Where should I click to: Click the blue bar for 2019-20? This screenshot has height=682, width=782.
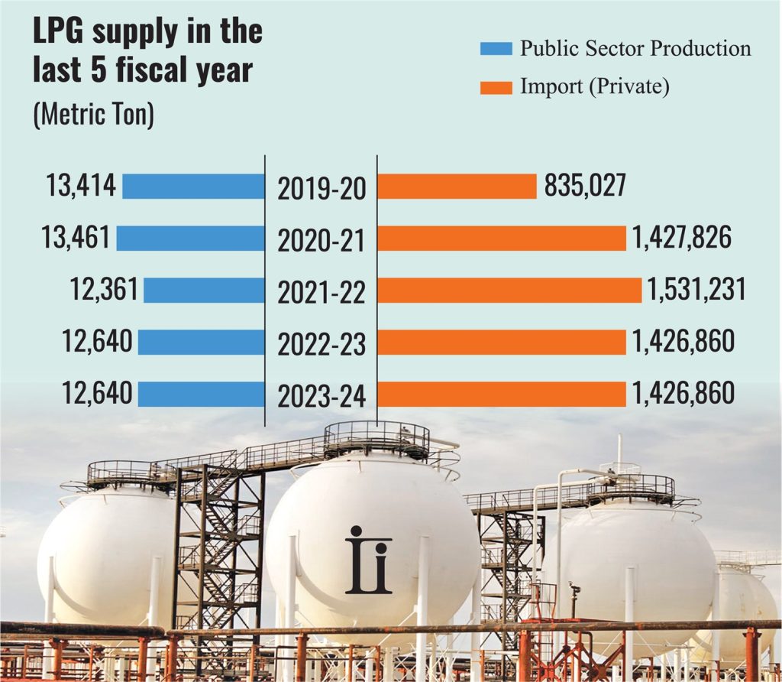(x=193, y=186)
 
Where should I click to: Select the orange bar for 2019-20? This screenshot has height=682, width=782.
(x=457, y=187)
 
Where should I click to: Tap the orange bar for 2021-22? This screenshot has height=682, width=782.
(x=509, y=290)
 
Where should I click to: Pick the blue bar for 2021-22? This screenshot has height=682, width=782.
(x=204, y=290)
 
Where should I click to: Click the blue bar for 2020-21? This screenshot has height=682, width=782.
(x=190, y=238)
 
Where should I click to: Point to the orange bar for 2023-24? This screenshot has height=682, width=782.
(x=502, y=394)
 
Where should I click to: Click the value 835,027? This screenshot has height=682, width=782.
(x=586, y=186)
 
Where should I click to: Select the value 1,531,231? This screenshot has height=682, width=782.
(x=695, y=290)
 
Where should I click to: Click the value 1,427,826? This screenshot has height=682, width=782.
(x=681, y=238)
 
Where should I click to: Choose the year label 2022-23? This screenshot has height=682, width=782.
(x=322, y=345)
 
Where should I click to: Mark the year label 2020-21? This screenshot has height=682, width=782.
(x=322, y=241)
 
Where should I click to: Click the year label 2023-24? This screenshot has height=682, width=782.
(x=322, y=397)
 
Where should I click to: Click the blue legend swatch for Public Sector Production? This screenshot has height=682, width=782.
(x=495, y=49)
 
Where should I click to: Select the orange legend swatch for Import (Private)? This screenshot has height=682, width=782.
(x=495, y=86)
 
